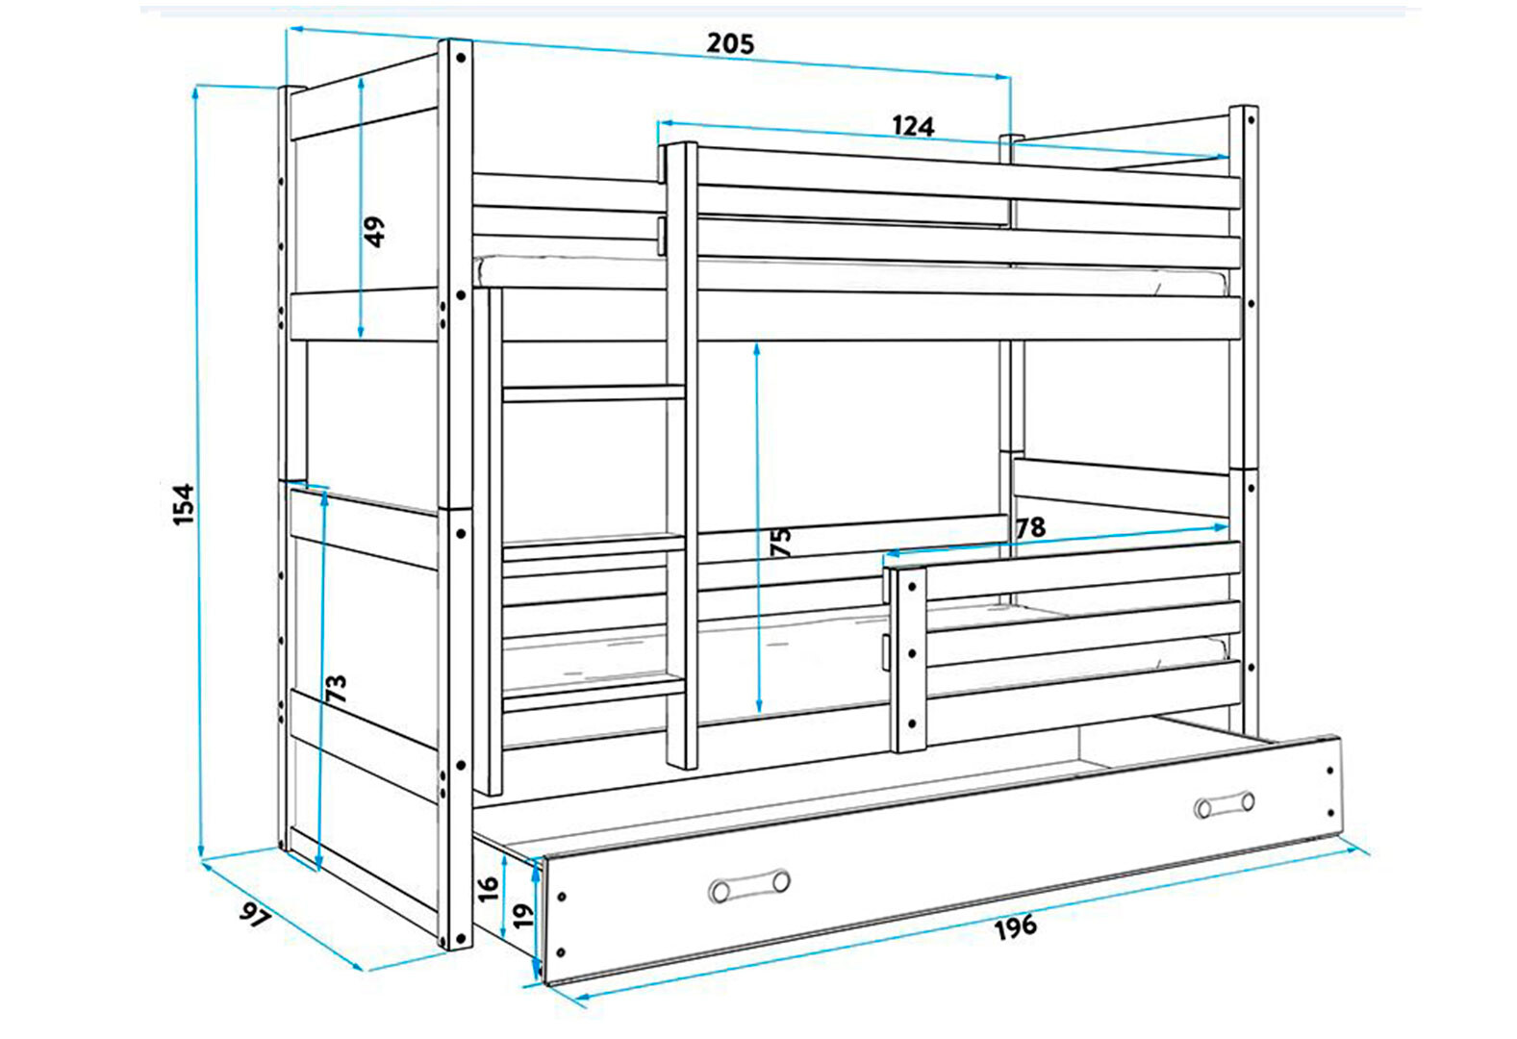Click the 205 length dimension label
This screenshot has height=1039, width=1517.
[730, 43]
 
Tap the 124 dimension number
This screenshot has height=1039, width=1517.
[913, 126]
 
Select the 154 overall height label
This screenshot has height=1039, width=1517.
[184, 504]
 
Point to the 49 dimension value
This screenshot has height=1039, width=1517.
[374, 232]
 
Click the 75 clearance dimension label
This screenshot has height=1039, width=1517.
[781, 542]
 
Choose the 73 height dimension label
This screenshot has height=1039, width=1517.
[336, 689]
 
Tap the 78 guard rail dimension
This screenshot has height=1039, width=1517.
[1030, 527]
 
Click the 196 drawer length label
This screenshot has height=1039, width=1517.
[1016, 925]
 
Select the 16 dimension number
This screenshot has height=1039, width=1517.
[488, 887]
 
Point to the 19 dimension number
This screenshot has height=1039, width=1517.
[523, 917]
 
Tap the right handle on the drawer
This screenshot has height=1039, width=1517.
[1225, 804]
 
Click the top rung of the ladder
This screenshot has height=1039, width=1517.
[594, 393]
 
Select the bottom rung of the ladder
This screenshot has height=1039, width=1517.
[594, 695]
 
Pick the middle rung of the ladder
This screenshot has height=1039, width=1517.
[594, 545]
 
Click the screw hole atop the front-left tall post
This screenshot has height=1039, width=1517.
[461, 58]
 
